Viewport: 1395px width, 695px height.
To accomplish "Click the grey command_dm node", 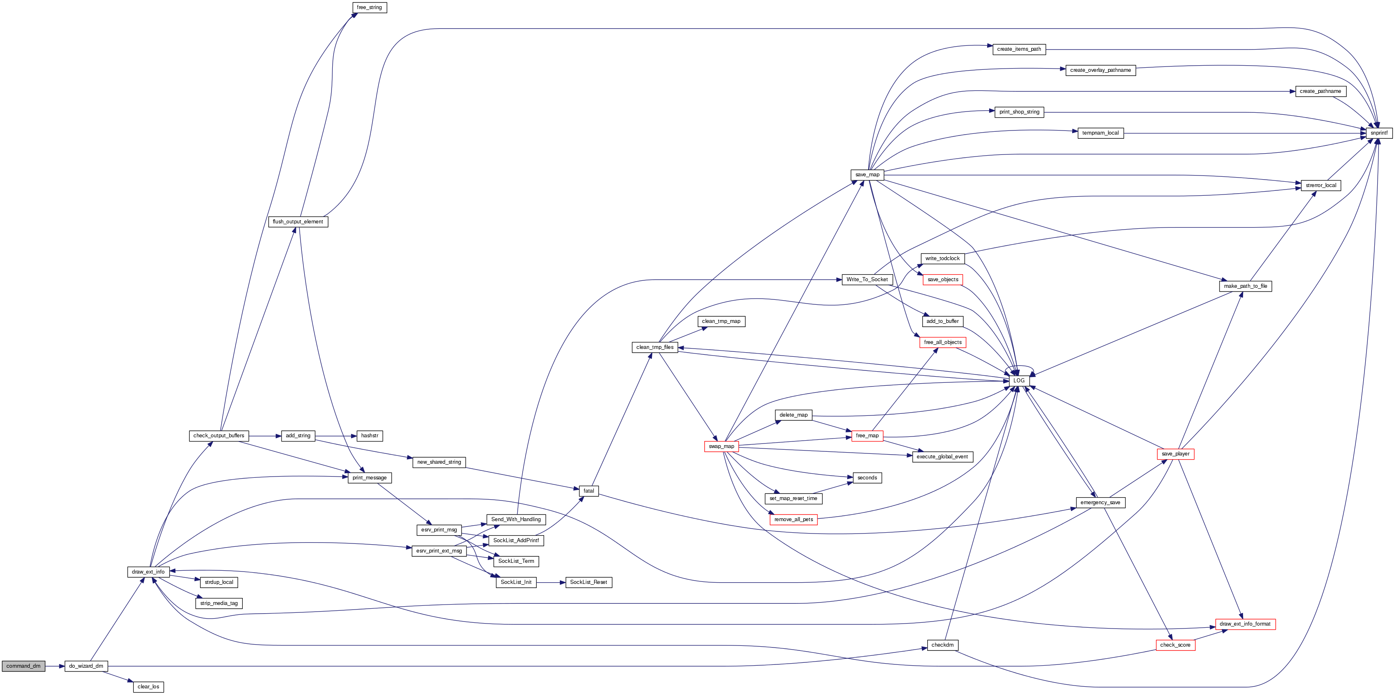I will pos(23,666).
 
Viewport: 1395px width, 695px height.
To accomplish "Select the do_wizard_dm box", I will pos(86,666).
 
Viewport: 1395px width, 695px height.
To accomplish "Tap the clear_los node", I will pos(148,687).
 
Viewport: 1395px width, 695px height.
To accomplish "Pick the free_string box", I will pos(369,7).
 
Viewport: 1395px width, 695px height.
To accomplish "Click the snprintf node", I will pos(1379,133).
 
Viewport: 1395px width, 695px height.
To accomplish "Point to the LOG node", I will pos(1018,381).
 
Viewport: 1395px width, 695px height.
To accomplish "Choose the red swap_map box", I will pos(721,446).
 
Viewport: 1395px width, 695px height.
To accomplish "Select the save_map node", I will pos(867,174).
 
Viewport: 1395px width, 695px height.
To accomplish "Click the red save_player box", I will pos(1175,454).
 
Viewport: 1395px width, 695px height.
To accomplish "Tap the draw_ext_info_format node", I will pos(1245,624).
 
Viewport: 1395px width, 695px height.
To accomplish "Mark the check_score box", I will pos(1175,645).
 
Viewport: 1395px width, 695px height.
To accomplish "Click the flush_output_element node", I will pos(298,222).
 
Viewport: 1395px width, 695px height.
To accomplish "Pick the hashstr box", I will pos(369,436).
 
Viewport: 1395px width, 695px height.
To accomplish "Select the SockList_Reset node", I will pos(589,582).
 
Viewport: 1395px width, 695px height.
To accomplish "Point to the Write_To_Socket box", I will pos(867,280).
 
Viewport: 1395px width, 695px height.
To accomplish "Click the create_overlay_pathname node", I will pos(1100,70).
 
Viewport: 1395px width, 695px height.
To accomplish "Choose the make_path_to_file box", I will pos(1246,286).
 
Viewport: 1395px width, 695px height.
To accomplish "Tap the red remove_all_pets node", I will pos(793,519).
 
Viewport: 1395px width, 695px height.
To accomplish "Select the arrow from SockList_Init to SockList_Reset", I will pos(551,582).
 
